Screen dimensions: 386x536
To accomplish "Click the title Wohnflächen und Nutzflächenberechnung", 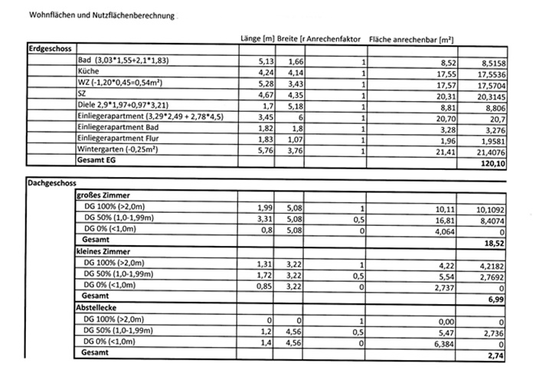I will [102, 15].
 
